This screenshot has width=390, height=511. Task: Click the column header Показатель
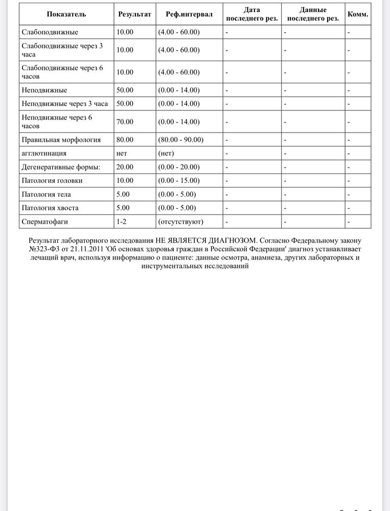(x=66, y=14)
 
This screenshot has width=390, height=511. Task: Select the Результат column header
(x=134, y=14)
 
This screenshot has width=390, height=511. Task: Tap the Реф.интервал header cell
(x=189, y=14)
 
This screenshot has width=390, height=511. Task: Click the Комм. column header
(x=358, y=14)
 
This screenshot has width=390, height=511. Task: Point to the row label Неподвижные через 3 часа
(x=65, y=104)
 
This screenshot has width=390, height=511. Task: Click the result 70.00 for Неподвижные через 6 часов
(x=125, y=122)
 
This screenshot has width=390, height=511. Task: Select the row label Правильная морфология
(x=61, y=140)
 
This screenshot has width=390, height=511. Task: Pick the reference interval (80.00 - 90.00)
(x=181, y=140)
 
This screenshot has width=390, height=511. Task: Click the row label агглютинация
(x=44, y=153)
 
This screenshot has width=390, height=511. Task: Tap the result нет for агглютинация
(x=122, y=153)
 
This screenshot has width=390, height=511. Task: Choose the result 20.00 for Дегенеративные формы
(x=125, y=167)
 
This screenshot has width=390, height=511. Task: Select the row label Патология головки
(x=52, y=181)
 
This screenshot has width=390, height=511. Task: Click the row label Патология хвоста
(x=50, y=208)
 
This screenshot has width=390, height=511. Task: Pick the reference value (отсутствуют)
(x=181, y=222)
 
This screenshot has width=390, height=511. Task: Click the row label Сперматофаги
(x=45, y=222)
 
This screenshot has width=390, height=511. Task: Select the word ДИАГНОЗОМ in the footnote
(x=232, y=239)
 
